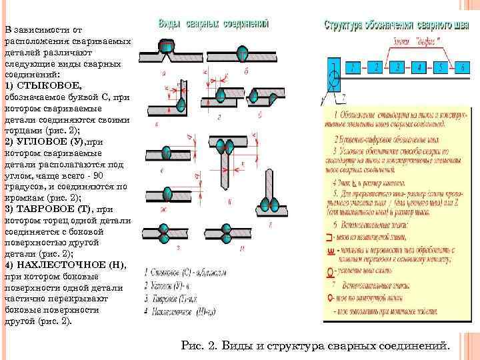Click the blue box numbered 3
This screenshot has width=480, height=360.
[398, 67]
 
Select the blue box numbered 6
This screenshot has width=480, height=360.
[461, 67]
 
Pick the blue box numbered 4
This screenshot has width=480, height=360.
[419, 67]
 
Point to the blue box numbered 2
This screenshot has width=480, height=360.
[377, 67]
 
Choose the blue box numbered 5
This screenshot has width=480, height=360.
[439, 67]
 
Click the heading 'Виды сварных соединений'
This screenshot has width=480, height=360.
[213, 23]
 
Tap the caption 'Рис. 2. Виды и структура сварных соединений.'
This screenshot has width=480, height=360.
[315, 345]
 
